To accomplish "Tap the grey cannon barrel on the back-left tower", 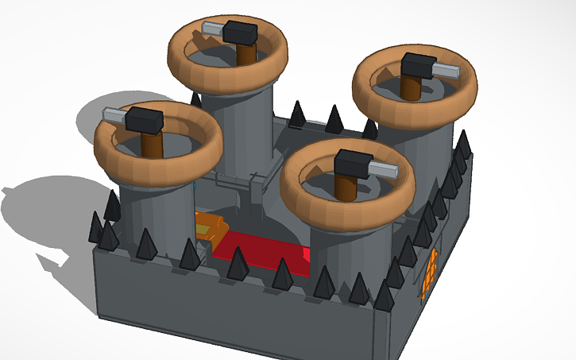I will [x=213, y=28].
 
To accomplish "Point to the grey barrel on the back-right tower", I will [x=446, y=72].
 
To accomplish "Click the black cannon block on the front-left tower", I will [x=145, y=120].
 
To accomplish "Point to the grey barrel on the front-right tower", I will [x=385, y=170].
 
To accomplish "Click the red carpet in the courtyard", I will [x=262, y=254].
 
